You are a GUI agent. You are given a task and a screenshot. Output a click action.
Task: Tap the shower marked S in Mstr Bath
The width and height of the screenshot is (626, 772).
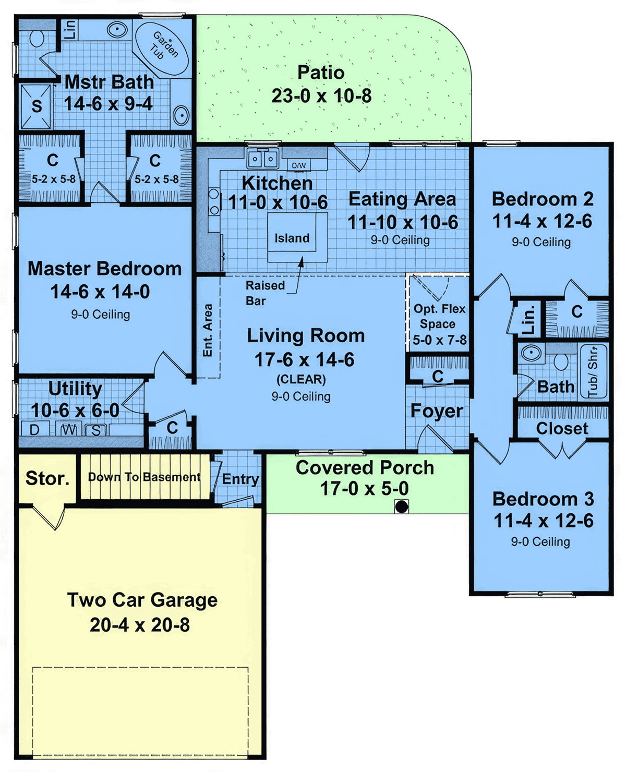pos(36,106)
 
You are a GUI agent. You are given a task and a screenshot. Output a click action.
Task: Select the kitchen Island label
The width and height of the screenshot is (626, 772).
pos(292,238)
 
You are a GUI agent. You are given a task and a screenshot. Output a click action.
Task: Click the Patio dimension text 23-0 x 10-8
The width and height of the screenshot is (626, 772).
pos(321,96)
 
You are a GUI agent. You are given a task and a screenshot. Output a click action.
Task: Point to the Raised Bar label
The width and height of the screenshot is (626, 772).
pos(264,293)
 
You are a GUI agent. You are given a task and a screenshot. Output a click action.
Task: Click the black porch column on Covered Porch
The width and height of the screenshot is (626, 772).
pos(401,506)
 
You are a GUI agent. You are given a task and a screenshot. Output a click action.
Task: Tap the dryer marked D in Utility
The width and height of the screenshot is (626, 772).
pos(34,430)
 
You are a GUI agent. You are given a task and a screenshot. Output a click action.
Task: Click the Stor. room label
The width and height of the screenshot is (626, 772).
pos(47,478)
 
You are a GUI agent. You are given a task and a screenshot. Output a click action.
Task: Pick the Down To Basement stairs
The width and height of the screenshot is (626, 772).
pos(145,477)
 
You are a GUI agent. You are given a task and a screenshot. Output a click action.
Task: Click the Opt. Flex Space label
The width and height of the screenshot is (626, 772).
pos(439,324)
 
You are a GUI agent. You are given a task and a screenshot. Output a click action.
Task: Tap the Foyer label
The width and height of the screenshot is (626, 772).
pos(437,411)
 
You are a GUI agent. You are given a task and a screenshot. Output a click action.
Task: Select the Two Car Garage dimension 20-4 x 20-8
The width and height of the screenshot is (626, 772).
pos(140,624)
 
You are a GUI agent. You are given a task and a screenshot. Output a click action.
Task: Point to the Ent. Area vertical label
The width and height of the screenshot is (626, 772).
pos(208,330)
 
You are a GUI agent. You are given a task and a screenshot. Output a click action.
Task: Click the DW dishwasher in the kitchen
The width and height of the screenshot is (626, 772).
pos(299,165)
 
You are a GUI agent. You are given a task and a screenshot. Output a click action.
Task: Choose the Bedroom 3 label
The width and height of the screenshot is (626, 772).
pos(543,499)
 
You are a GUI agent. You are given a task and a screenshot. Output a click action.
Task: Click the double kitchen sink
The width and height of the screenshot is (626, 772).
pos(262,158)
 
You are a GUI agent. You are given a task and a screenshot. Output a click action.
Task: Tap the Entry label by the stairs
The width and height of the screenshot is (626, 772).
pos(240,479)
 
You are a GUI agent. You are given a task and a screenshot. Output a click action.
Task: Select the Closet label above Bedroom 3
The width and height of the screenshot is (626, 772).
pos(562,428)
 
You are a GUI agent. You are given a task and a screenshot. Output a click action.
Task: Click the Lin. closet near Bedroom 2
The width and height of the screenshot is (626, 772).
pos(528,319)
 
